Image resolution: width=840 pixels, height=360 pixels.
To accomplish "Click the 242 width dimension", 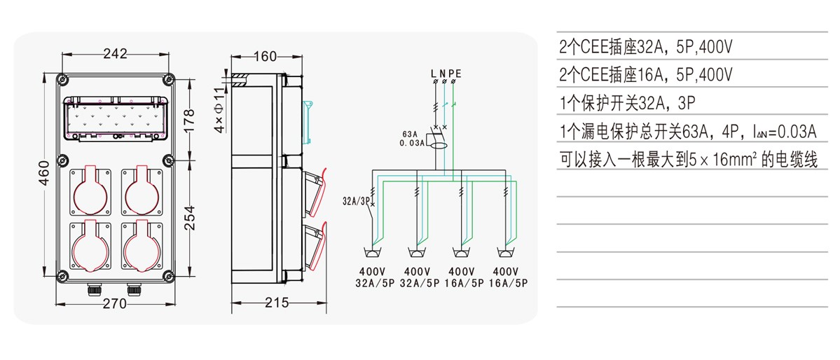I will [x=115, y=53].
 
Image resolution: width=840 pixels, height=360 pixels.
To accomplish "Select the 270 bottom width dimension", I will [x=114, y=303].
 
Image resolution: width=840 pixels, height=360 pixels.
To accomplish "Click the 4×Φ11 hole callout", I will [x=220, y=110].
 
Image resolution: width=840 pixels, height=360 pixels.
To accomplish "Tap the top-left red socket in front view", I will [x=90, y=190].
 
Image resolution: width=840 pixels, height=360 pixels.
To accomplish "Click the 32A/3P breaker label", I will [x=356, y=200].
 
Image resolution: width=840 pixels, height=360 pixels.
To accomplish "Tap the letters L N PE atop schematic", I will [x=446, y=73].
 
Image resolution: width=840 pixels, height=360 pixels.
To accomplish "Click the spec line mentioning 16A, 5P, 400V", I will [x=646, y=75].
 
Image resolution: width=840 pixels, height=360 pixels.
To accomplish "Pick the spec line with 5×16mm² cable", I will [x=689, y=160].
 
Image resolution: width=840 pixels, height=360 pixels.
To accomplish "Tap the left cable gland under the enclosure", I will [x=93, y=287].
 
